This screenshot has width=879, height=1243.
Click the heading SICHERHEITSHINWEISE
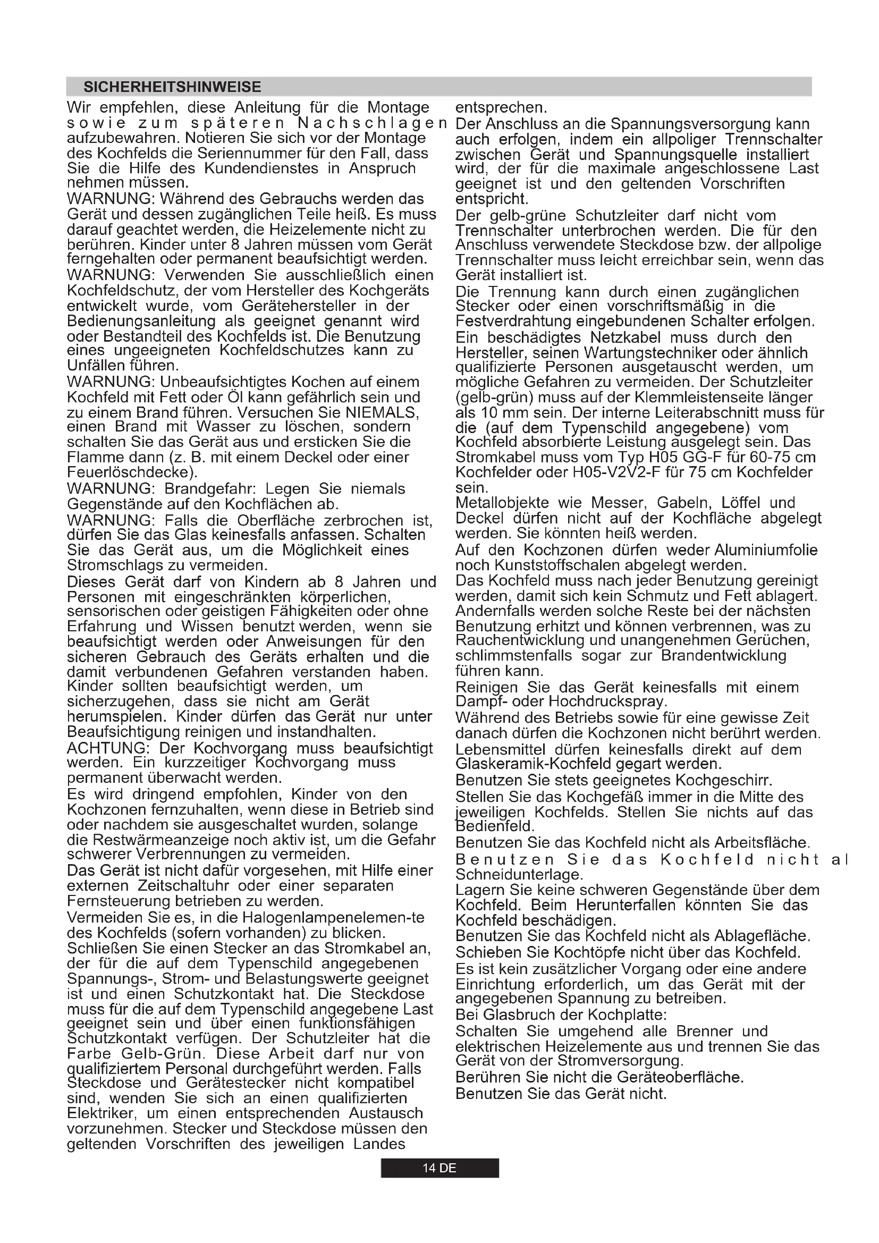(x=172, y=87)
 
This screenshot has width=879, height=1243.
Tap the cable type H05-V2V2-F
(x=618, y=472)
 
